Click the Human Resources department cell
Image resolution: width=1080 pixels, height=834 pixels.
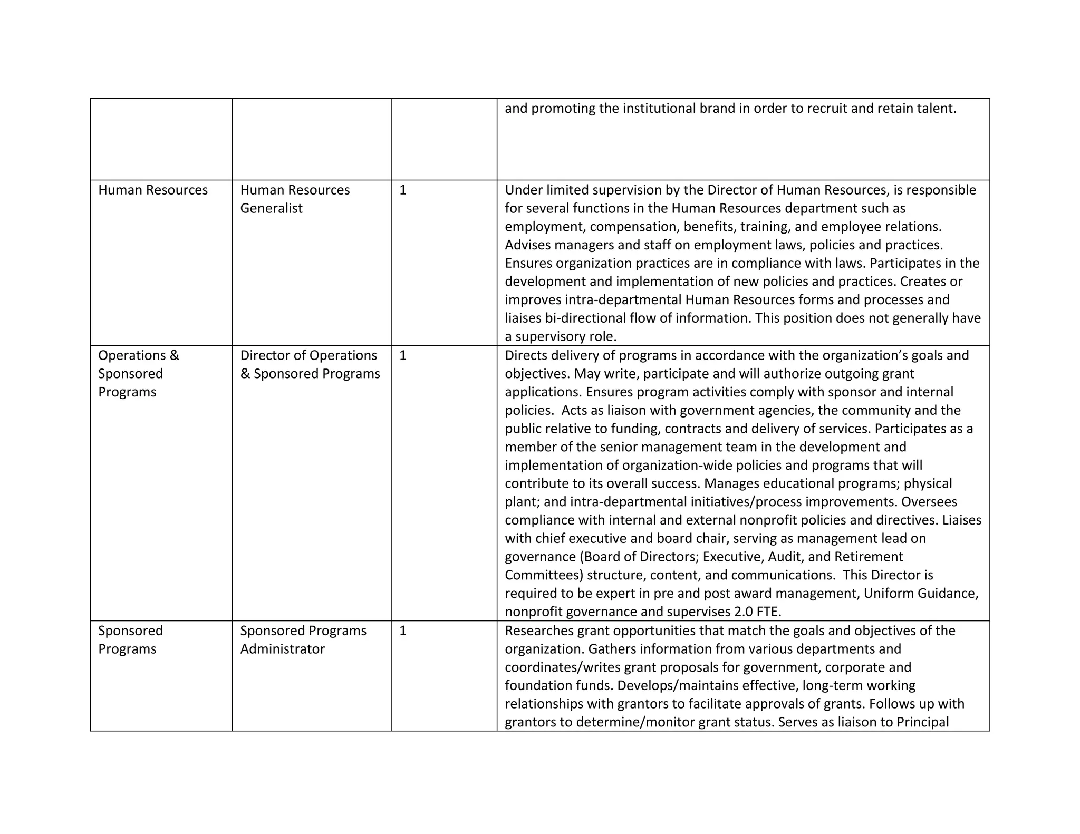tap(153, 190)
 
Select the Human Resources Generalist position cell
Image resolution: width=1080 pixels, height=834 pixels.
tap(295, 199)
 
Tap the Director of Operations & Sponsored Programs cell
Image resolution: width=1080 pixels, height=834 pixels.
tap(310, 364)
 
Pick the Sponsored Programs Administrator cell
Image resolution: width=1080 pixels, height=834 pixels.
tap(303, 639)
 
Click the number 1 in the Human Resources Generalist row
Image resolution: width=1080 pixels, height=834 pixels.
tap(403, 190)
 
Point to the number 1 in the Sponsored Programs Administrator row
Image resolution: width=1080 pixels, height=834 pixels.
tap(403, 631)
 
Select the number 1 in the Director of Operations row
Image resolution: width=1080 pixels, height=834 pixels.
tap(403, 355)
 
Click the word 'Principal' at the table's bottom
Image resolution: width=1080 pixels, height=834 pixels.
tap(923, 722)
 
